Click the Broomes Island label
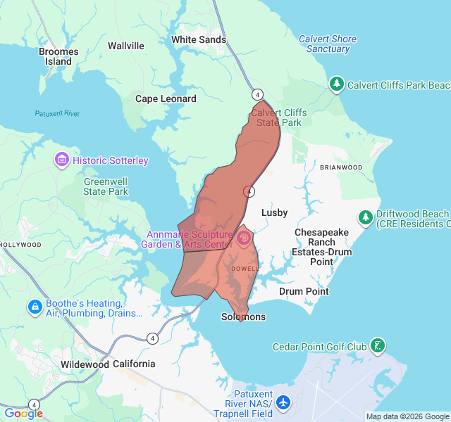tap(58, 56)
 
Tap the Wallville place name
tap(125, 46)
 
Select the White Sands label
tap(199, 39)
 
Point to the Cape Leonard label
tap(166, 98)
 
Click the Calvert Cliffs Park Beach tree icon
tap(337, 85)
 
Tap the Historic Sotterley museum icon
tap(62, 160)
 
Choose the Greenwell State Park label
tap(106, 186)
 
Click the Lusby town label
tap(275, 212)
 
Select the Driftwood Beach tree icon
tap(365, 218)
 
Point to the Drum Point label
tap(304, 291)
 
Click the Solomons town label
tap(244, 316)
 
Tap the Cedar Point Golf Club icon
tap(378, 346)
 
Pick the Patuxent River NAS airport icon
tap(283, 403)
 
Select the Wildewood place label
tap(85, 364)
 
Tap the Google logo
tap(23, 414)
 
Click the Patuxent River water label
tap(58, 113)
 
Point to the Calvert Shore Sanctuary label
tap(328, 44)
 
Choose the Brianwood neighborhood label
tap(340, 167)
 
